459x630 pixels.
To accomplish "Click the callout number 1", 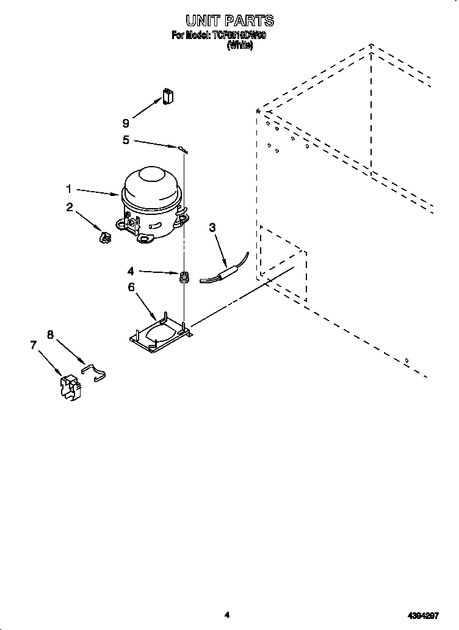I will pyautogui.click(x=69, y=189).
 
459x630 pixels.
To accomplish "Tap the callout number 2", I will pyautogui.click(x=70, y=208).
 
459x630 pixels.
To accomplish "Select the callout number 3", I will pyautogui.click(x=212, y=228).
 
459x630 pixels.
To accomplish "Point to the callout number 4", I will pyautogui.click(x=130, y=270).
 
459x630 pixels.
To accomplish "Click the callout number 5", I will pyautogui.click(x=125, y=140).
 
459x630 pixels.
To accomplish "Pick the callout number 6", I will pyautogui.click(x=131, y=287).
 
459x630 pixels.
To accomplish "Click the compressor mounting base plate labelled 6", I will pyautogui.click(x=160, y=333).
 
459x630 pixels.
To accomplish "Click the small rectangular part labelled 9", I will pyautogui.click(x=168, y=96).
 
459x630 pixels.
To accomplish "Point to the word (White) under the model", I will pyautogui.click(x=240, y=46).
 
